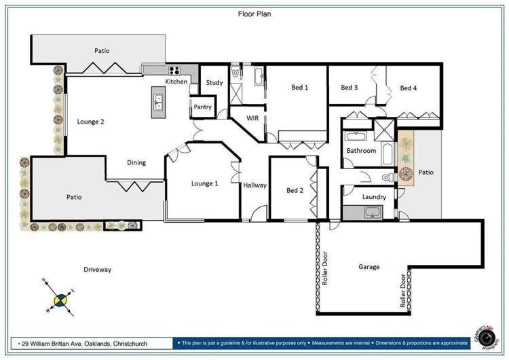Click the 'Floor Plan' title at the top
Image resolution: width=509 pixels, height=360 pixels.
(254, 13)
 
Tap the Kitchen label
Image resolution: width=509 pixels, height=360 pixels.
(176, 82)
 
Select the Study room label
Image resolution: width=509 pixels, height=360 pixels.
(214, 83)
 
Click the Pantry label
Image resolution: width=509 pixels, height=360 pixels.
(202, 107)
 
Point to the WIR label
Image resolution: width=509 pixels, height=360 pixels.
(252, 118)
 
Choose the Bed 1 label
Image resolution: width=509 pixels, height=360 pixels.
(300, 88)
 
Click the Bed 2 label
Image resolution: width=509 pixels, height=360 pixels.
(295, 190)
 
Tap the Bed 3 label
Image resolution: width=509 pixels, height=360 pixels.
(349, 88)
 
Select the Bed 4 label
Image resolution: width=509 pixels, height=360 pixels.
(408, 88)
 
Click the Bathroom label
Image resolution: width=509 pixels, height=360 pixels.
(361, 151)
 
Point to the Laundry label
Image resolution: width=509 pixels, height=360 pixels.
(374, 197)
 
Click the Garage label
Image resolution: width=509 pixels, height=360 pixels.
(369, 267)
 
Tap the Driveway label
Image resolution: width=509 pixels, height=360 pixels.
(97, 270)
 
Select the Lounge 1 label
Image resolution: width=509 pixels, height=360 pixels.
(205, 183)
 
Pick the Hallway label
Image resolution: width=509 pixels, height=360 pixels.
(255, 185)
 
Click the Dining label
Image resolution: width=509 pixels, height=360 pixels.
(136, 162)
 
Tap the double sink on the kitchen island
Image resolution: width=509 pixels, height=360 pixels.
(158, 102)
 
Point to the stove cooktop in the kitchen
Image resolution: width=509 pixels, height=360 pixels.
(174, 69)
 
